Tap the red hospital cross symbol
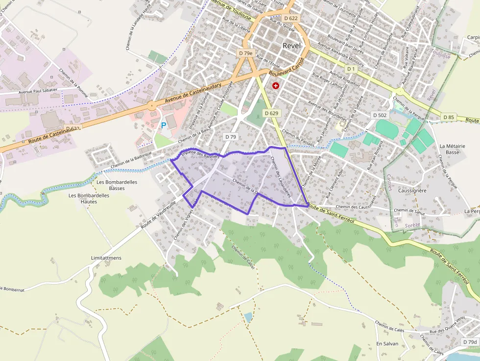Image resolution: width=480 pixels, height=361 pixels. [x=276, y=85]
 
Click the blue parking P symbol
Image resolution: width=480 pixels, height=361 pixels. [x=164, y=125]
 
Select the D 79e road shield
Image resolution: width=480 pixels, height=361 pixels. [x=246, y=53]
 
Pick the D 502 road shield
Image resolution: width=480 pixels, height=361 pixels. [x=379, y=115]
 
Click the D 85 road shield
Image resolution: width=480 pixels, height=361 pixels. [x=448, y=117]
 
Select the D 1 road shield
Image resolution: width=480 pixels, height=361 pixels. [x=352, y=70]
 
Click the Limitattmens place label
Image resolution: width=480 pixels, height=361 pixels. [x=106, y=258]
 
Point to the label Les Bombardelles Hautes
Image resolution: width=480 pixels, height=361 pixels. [x=82, y=198]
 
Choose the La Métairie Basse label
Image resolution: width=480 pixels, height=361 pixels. [x=449, y=149]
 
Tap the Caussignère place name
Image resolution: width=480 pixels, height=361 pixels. [x=412, y=191]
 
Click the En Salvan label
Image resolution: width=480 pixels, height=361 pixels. [x=387, y=343]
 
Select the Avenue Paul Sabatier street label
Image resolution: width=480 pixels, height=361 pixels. [x=38, y=91]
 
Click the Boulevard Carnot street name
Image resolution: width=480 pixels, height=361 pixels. [x=287, y=68]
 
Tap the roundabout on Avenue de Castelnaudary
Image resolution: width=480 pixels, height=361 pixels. [x=152, y=105]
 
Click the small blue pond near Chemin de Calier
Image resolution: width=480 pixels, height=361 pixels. [x=249, y=317]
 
